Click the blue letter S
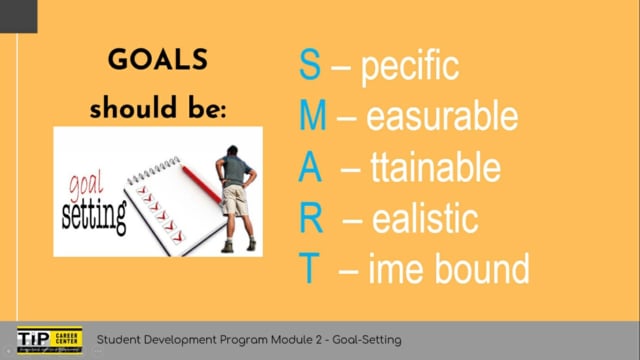pos(311,66)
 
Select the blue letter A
pos(311,167)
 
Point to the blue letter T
pos(310,268)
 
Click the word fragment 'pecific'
pos(409,67)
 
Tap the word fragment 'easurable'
pos(441,117)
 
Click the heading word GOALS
pos(159,61)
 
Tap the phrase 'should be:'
pos(159,108)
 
